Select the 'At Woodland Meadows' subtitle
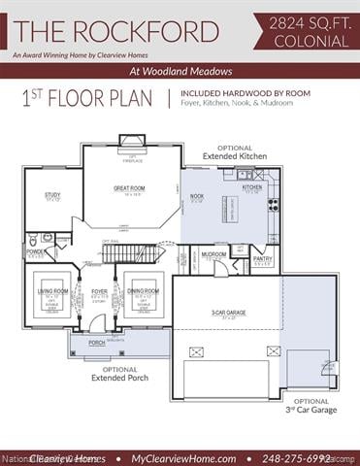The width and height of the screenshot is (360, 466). click(180, 72)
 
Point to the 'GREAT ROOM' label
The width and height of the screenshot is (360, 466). click(129, 188)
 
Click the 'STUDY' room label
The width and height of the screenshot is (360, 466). click(52, 195)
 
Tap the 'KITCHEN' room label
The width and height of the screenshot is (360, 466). click(251, 187)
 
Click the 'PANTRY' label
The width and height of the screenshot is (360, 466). click(262, 259)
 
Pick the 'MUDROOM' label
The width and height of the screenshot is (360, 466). click(213, 254)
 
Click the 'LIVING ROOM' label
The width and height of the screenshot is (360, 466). click(52, 291)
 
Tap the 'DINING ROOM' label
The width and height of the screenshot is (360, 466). click(143, 291)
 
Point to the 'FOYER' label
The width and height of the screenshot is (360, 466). click(99, 291)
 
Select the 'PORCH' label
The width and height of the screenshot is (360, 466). click(97, 343)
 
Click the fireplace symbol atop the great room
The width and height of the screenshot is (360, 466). click(132, 142)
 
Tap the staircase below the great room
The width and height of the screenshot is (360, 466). click(127, 253)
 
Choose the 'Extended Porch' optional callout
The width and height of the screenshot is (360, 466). click(119, 374)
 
